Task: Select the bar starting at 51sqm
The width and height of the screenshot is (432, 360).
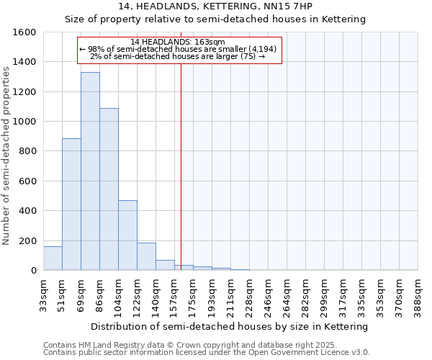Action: [x=71, y=204]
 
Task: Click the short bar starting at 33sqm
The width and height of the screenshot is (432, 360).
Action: [x=53, y=258]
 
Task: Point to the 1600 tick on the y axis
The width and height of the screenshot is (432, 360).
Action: [x=26, y=32]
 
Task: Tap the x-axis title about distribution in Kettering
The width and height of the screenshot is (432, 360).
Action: [x=230, y=326]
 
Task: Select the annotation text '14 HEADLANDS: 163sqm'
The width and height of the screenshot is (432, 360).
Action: [x=179, y=42]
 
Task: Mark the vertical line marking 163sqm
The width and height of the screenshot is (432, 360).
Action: [x=181, y=166]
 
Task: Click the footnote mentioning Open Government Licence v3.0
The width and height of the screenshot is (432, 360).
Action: [x=207, y=353]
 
